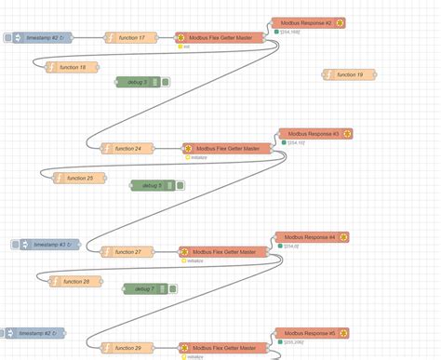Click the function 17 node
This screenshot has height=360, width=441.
pyautogui.click(x=129, y=38)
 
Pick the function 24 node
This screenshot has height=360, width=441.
pyautogui.click(x=127, y=148)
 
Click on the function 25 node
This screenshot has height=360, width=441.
pyautogui.click(x=78, y=178)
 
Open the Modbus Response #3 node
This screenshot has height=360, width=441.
pyautogui.click(x=315, y=134)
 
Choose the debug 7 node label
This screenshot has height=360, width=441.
pyautogui.click(x=143, y=288)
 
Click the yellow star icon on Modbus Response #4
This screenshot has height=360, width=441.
pyautogui.click(x=343, y=237)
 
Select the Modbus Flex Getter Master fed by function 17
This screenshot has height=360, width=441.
pyautogui.click(x=220, y=38)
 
